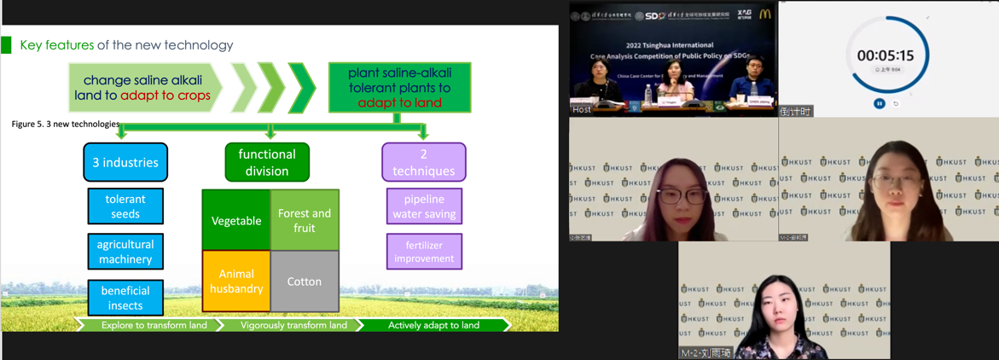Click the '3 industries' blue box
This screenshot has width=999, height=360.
click(x=125, y=162)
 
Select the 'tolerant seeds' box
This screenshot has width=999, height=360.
click(x=125, y=206)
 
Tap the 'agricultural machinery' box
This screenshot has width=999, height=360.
click(x=125, y=252)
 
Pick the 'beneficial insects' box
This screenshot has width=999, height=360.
click(x=125, y=298)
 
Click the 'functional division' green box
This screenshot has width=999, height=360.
click(x=267, y=162)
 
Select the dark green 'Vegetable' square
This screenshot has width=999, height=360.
click(x=236, y=221)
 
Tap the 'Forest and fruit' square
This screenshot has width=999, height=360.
click(x=305, y=221)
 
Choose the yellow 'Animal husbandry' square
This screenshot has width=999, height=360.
click(x=236, y=282)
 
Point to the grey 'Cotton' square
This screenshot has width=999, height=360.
click(x=305, y=282)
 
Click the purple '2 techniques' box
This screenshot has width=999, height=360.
click(x=423, y=162)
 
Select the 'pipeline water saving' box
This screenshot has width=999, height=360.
click(x=424, y=206)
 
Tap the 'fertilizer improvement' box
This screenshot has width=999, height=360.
click(x=424, y=252)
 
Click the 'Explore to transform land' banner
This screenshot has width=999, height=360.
click(x=153, y=325)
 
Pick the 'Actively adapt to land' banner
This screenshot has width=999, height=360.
click(x=433, y=325)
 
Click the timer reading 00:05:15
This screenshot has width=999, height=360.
click(x=885, y=55)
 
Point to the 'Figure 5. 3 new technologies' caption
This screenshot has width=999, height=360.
click(x=66, y=125)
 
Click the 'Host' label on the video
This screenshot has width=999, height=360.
click(x=582, y=110)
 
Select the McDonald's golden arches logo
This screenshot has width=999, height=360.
click(x=765, y=15)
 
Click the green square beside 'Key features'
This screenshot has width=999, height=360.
click(x=7, y=45)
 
